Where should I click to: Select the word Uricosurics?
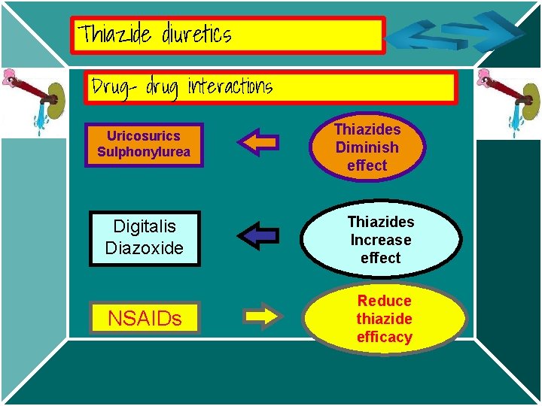click(x=143, y=136)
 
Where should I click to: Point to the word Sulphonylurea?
click(x=143, y=152)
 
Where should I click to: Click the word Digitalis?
click(x=145, y=226)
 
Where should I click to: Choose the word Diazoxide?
click(x=145, y=248)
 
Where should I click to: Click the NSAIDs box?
click(x=145, y=318)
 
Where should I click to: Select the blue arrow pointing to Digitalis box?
click(x=257, y=235)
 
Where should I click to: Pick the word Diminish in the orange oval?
click(x=367, y=147)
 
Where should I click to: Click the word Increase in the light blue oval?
click(x=380, y=240)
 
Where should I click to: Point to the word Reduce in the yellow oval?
click(x=384, y=301)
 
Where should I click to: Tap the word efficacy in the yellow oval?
click(x=384, y=337)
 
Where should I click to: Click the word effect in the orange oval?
click(x=367, y=165)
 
